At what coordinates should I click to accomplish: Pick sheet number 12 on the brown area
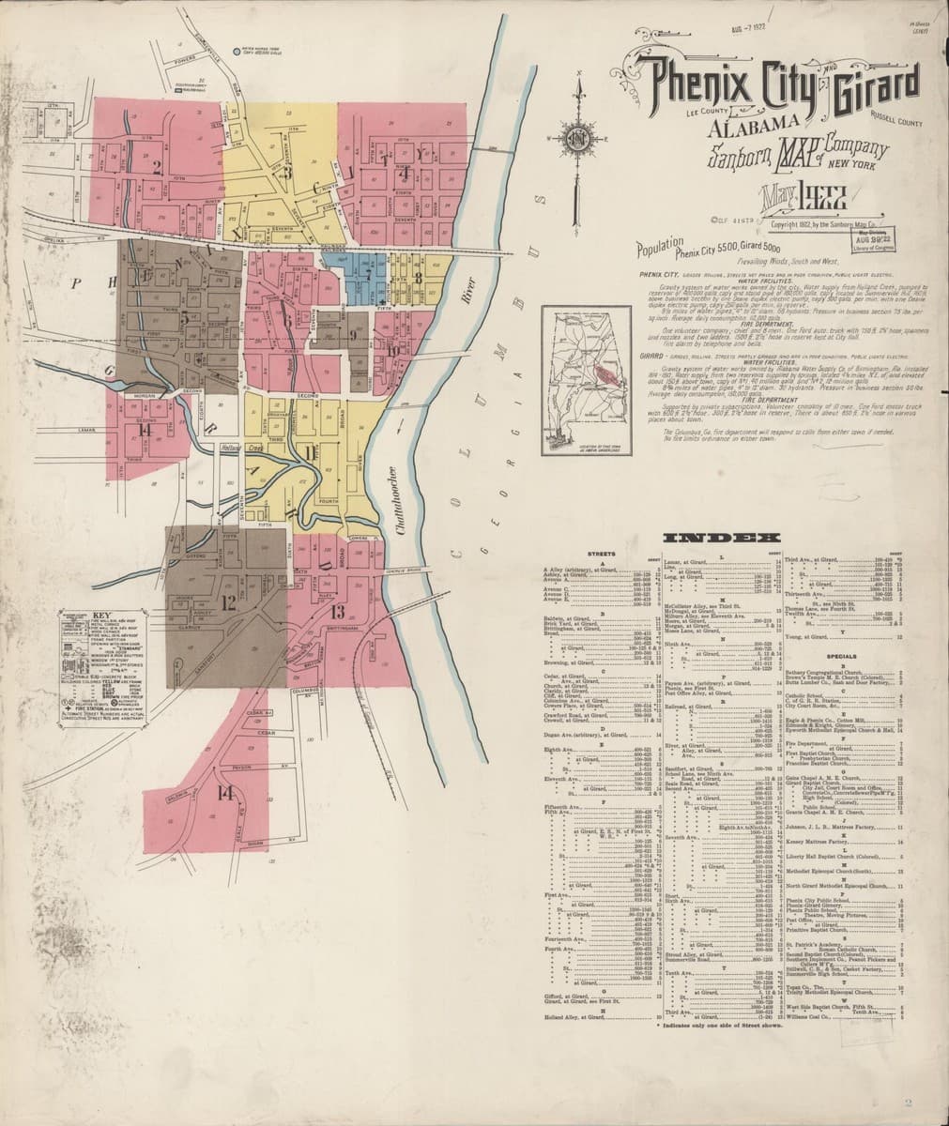[228, 603]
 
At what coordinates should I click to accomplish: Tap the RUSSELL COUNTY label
[895, 121]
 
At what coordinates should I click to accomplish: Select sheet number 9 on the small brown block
[352, 335]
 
